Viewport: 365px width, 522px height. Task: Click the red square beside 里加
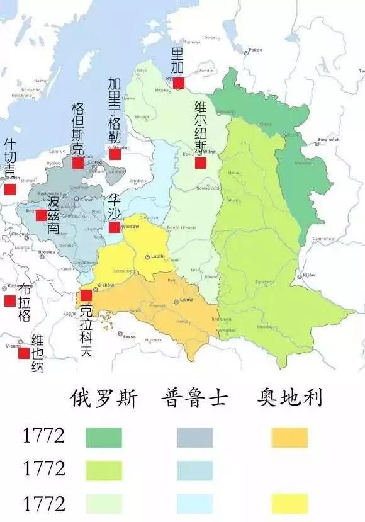[x=178, y=82]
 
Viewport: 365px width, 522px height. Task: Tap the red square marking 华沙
[x=114, y=227]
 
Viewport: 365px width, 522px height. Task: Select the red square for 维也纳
[x=24, y=354]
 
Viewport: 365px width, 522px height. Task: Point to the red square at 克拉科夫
[x=86, y=295]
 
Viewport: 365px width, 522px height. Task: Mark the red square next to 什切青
[x=9, y=189]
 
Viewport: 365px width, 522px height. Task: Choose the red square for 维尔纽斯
[x=200, y=163]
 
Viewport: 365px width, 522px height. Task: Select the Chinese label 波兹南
[x=53, y=215]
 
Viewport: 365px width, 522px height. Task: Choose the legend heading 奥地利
[x=290, y=399]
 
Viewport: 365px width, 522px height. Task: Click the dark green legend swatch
[x=104, y=438]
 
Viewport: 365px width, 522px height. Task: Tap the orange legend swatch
[x=290, y=438]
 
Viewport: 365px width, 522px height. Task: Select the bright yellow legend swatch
[x=290, y=503]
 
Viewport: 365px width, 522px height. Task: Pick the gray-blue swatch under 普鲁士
[x=194, y=438]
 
